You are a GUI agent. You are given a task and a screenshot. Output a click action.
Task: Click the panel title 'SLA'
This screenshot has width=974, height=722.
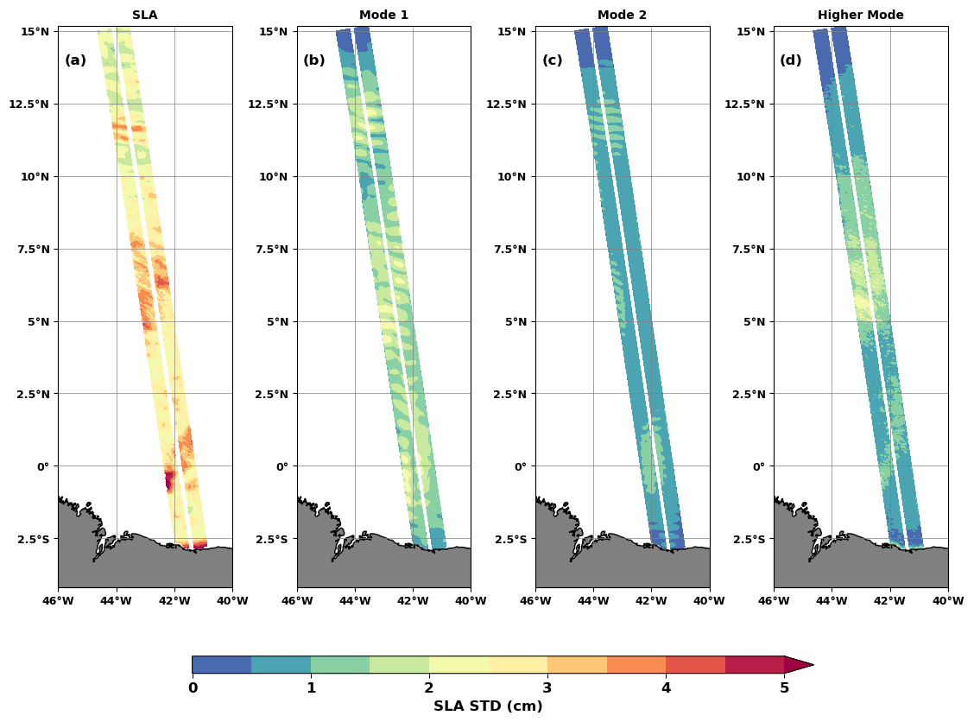pos(144,15)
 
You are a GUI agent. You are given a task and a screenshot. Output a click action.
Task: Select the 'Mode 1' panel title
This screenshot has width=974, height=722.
pos(383,15)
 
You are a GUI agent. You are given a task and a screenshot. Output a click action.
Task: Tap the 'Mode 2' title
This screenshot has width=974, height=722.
pos(622,15)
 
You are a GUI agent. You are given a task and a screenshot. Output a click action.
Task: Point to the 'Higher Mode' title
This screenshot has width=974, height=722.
pos(860,15)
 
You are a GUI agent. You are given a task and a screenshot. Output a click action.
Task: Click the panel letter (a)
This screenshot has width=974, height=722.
pos(75,60)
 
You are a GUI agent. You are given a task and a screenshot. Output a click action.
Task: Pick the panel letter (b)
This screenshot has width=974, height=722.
pos(313,60)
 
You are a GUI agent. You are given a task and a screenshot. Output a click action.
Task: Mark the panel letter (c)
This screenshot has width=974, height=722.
pos(552,60)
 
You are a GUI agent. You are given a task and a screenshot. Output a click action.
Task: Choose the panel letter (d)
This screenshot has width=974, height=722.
pos(790,60)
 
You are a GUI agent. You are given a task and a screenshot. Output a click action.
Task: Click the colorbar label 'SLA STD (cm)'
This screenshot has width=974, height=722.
pos(488,706)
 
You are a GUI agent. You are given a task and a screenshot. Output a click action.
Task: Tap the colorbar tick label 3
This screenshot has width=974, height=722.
pos(547,688)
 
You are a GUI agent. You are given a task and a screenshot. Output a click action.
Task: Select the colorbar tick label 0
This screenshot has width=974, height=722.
pos(193,688)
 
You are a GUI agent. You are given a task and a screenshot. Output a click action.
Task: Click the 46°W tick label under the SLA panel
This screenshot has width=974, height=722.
pos(58,601)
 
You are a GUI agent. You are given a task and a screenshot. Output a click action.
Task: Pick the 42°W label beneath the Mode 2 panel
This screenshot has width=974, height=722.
pos(651,601)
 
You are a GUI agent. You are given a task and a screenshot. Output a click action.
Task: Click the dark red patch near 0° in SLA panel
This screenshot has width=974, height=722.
pos(169,478)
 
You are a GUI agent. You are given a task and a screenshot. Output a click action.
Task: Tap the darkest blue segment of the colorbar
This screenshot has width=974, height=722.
pos(222,664)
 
